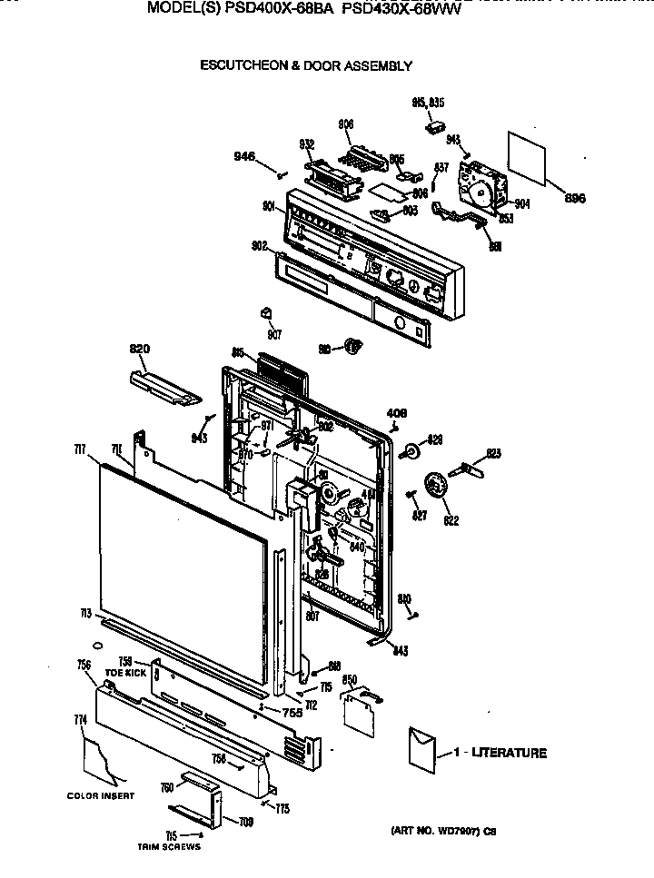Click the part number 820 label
pos(139,348)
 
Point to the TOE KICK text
pos(125,673)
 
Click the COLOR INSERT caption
pos(100,796)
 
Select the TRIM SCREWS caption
pos(168,847)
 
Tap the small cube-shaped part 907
pos(266,313)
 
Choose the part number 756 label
pos(84,666)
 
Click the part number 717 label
pos(81,449)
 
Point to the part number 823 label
pos(493,453)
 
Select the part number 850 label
pos(348,679)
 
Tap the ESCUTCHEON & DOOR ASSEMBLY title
pos(305,65)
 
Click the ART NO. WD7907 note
pos(443,831)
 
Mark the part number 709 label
pos(246,823)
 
